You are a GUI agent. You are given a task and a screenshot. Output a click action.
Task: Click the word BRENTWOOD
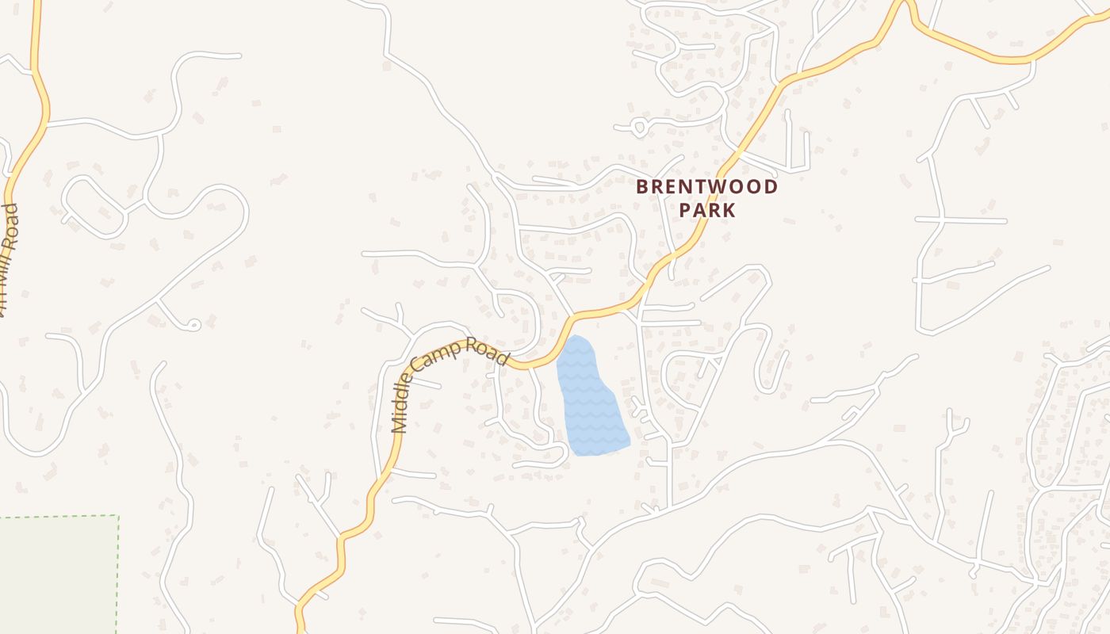707,188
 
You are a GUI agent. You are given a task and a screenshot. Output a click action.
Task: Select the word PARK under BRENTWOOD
707,210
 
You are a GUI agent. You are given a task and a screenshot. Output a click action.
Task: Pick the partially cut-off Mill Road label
7,262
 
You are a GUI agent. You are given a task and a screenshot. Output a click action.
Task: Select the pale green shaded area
55,575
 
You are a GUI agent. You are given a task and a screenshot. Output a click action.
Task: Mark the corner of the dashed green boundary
118,516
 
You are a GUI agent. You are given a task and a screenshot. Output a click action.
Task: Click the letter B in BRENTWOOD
643,188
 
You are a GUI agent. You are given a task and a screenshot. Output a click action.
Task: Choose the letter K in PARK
729,210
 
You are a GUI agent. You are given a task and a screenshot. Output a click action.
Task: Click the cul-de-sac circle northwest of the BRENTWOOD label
639,126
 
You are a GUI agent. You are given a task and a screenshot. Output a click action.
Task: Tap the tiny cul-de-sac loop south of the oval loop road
193,324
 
